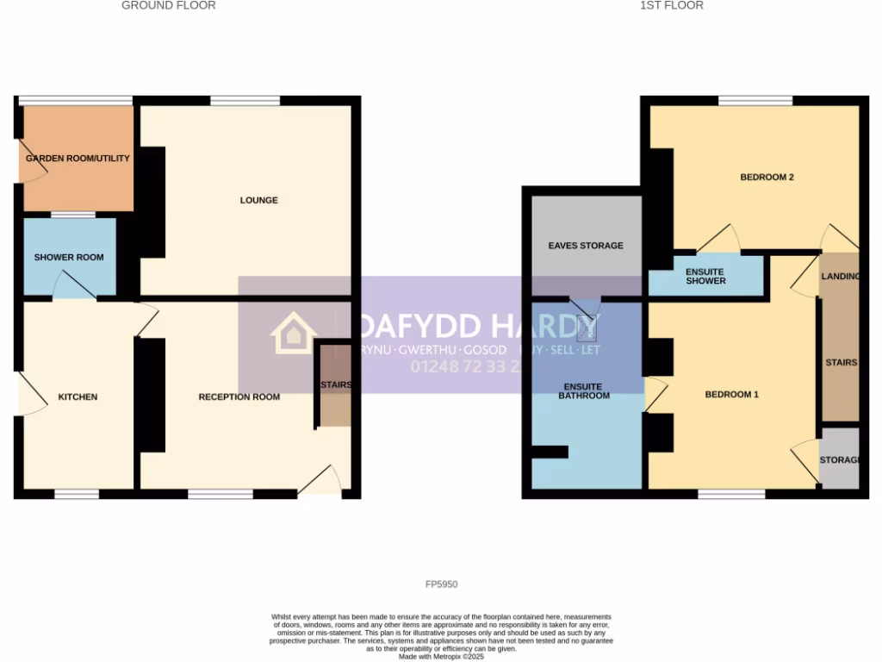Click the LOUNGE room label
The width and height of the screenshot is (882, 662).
tap(258, 201)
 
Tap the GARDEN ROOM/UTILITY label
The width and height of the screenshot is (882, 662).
tap(78, 159)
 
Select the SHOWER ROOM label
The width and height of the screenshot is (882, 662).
tap(69, 258)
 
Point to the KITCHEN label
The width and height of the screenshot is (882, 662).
tap(78, 397)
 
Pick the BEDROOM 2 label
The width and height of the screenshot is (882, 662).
tap(767, 178)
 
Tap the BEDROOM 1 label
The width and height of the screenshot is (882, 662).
tap(731, 395)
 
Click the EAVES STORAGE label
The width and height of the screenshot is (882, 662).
tap(586, 246)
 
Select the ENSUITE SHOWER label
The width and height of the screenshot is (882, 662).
tap(705, 276)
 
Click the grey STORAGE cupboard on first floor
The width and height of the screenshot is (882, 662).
tap(839, 459)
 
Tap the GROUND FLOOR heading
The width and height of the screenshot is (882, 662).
tap(168, 6)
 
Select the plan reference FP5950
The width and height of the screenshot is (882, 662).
tap(441, 584)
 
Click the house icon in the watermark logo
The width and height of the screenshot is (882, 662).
tap(293, 334)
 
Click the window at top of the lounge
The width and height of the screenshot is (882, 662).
tap(245, 101)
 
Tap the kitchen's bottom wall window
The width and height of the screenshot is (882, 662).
tap(77, 494)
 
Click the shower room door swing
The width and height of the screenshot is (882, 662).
tap(73, 285)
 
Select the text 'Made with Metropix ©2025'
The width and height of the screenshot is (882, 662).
tap(441, 656)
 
